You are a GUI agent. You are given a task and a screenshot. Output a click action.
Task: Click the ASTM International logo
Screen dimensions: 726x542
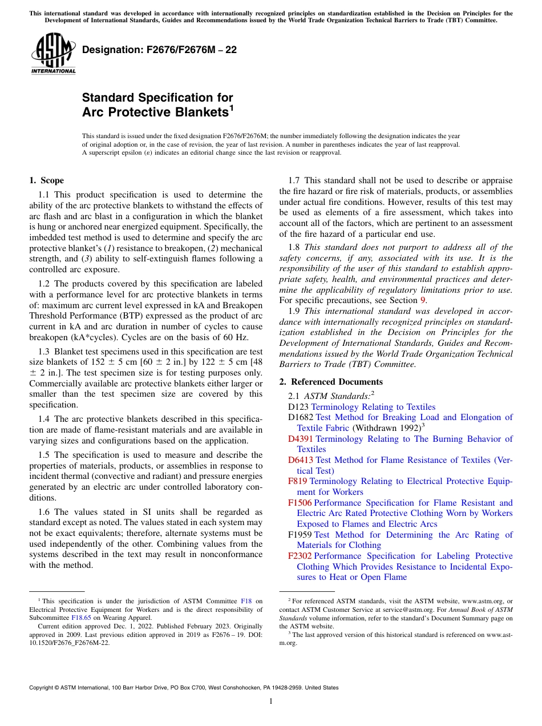(x=53, y=54)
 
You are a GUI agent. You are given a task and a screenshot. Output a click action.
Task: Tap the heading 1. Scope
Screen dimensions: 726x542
(x=46, y=181)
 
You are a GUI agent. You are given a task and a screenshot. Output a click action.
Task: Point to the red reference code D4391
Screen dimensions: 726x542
(x=301, y=439)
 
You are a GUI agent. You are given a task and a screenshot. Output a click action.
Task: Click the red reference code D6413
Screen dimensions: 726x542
(x=301, y=460)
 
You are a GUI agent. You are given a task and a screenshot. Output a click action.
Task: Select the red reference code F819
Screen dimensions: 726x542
(x=298, y=481)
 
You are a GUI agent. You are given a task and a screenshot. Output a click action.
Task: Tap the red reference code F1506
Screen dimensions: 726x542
(x=300, y=503)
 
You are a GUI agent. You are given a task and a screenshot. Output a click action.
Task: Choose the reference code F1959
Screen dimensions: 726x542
(x=300, y=535)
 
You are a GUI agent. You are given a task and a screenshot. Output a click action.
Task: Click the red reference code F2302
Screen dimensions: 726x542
(x=300, y=556)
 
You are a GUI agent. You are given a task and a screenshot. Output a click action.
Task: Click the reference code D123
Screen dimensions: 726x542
(x=298, y=407)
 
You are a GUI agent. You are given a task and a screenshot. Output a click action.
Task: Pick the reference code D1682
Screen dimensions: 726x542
(x=301, y=417)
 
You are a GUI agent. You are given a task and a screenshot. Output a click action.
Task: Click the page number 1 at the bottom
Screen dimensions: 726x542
(x=271, y=701)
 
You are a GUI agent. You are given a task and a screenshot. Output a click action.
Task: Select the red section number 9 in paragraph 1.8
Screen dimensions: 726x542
(x=423, y=300)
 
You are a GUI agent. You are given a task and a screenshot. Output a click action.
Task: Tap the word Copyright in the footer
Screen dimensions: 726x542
(x=43, y=688)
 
